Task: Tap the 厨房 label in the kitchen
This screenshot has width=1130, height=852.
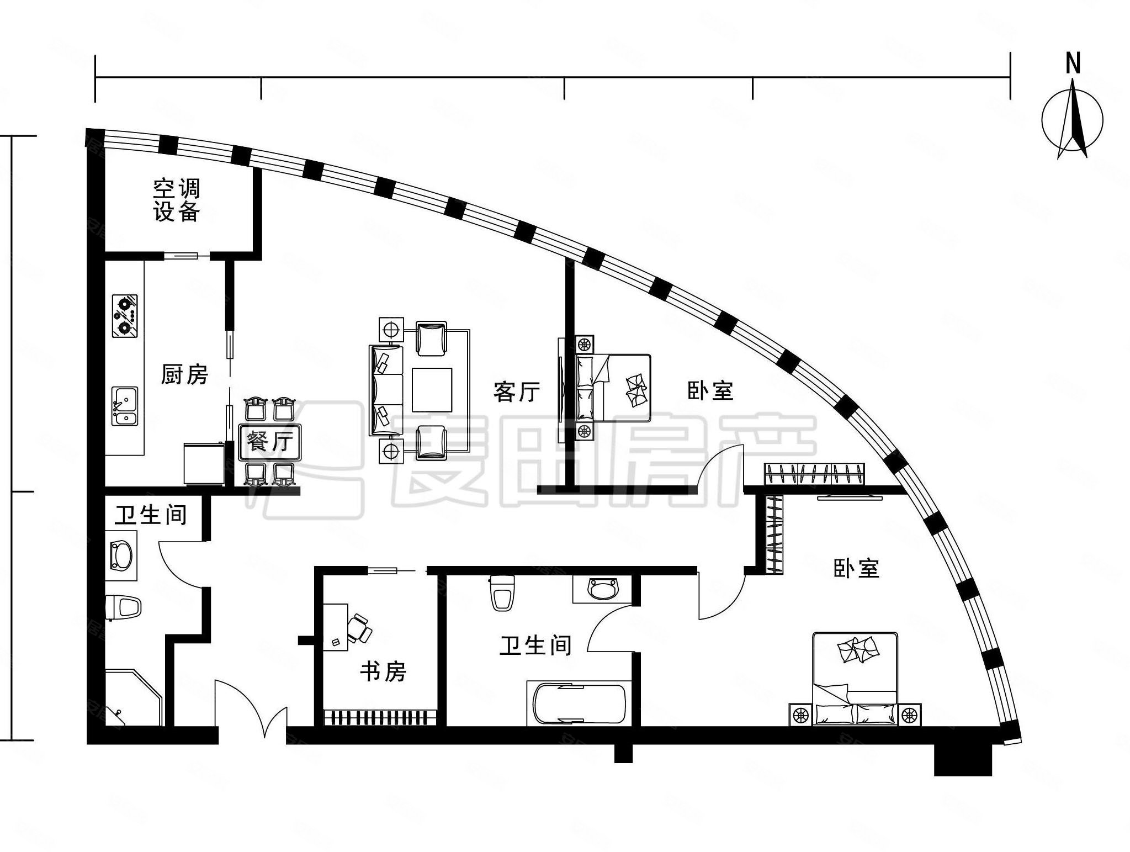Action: (184, 374)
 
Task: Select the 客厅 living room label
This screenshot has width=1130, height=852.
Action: (516, 391)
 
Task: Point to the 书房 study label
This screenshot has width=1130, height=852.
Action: (383, 671)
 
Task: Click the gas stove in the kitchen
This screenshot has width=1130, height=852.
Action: (125, 316)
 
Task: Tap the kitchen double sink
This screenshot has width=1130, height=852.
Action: (125, 406)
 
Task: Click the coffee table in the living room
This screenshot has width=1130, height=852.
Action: (433, 390)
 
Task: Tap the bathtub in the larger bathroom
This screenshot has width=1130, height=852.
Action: (579, 703)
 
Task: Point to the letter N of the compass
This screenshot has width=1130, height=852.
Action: (1073, 63)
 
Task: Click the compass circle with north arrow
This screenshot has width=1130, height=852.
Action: (1072, 120)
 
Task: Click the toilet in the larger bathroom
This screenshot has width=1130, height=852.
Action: (502, 593)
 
